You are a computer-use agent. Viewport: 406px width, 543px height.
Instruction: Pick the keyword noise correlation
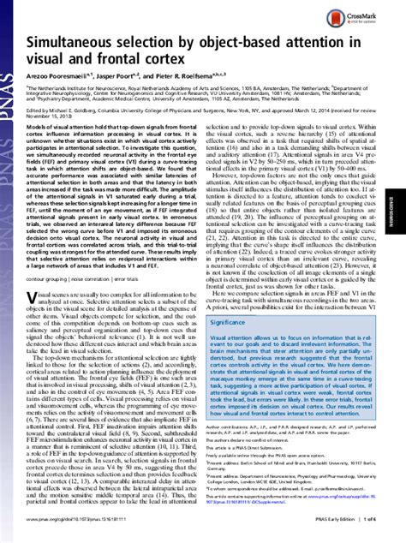(112, 278)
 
